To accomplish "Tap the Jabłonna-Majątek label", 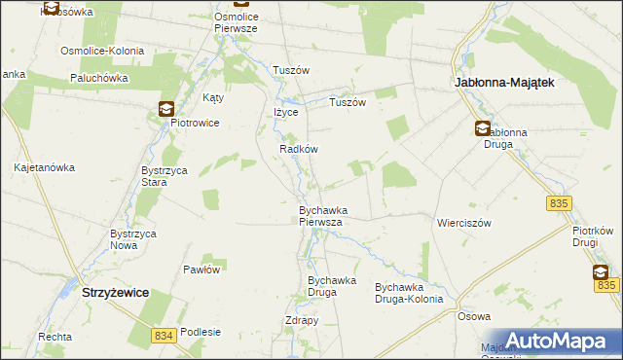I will pos(505,84).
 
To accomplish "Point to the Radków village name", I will pos(299,150).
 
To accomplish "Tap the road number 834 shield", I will pos(165,335).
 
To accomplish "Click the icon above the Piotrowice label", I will pos(166,109).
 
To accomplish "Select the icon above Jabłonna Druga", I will pos(483,128).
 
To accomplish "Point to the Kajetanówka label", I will pos(45,167).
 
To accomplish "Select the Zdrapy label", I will pos(303,321).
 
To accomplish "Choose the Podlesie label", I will pos(201,332).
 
